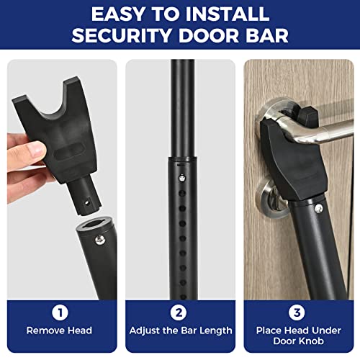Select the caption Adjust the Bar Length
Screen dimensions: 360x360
coord(180,331)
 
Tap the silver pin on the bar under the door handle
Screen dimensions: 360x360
coord(318,209)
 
